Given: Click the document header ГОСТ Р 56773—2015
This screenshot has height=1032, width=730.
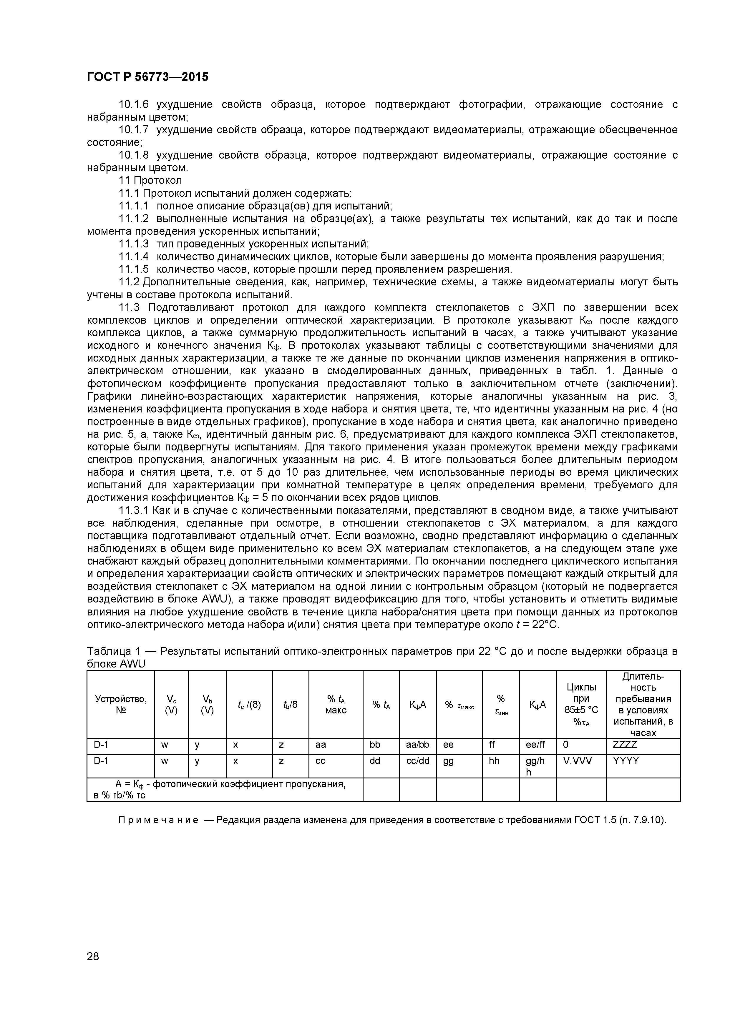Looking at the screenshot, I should coord(147,77).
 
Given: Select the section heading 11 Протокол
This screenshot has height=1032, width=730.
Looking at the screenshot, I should coord(150,180).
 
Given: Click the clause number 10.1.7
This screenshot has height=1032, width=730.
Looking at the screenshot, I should coord(133,130).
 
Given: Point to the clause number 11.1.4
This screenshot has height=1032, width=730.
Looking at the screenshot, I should coord(133,257).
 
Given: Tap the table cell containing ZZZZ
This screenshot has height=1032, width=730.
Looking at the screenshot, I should coord(625,744).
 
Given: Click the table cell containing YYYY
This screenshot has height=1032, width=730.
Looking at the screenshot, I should coord(626,760).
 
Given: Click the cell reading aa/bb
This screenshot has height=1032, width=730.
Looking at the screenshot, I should coord(417,744).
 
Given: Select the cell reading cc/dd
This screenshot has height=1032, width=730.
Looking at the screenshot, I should coord(417,760).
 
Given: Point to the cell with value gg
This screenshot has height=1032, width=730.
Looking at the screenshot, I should coord(448,760).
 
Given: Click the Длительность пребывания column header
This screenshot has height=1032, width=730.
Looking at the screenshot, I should coord(643,704).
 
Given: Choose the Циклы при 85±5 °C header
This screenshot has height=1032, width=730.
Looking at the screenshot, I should coord(581,704).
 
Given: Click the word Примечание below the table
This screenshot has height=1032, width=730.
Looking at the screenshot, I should coord(158,820).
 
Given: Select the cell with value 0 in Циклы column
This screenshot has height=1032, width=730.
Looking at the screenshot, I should coord(566,744).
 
